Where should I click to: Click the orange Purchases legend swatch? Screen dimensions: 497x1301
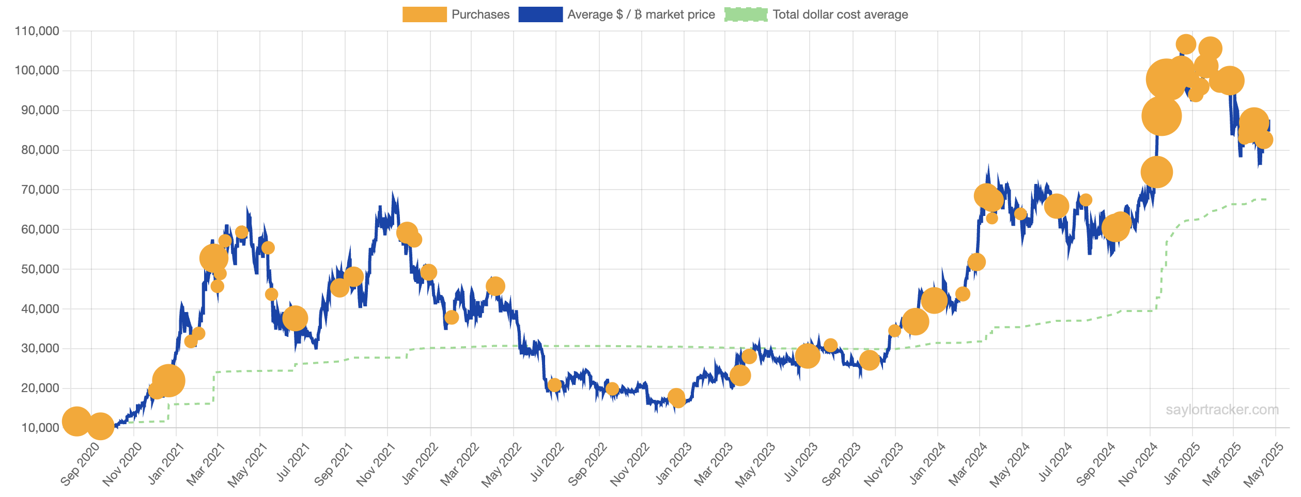424,14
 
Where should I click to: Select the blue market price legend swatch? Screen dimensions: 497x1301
540,14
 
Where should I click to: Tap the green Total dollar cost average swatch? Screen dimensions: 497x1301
746,14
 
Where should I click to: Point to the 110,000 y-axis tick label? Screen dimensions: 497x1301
37,31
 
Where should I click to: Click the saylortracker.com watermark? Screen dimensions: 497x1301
1222,410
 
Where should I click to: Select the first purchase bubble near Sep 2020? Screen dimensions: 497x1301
76,421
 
